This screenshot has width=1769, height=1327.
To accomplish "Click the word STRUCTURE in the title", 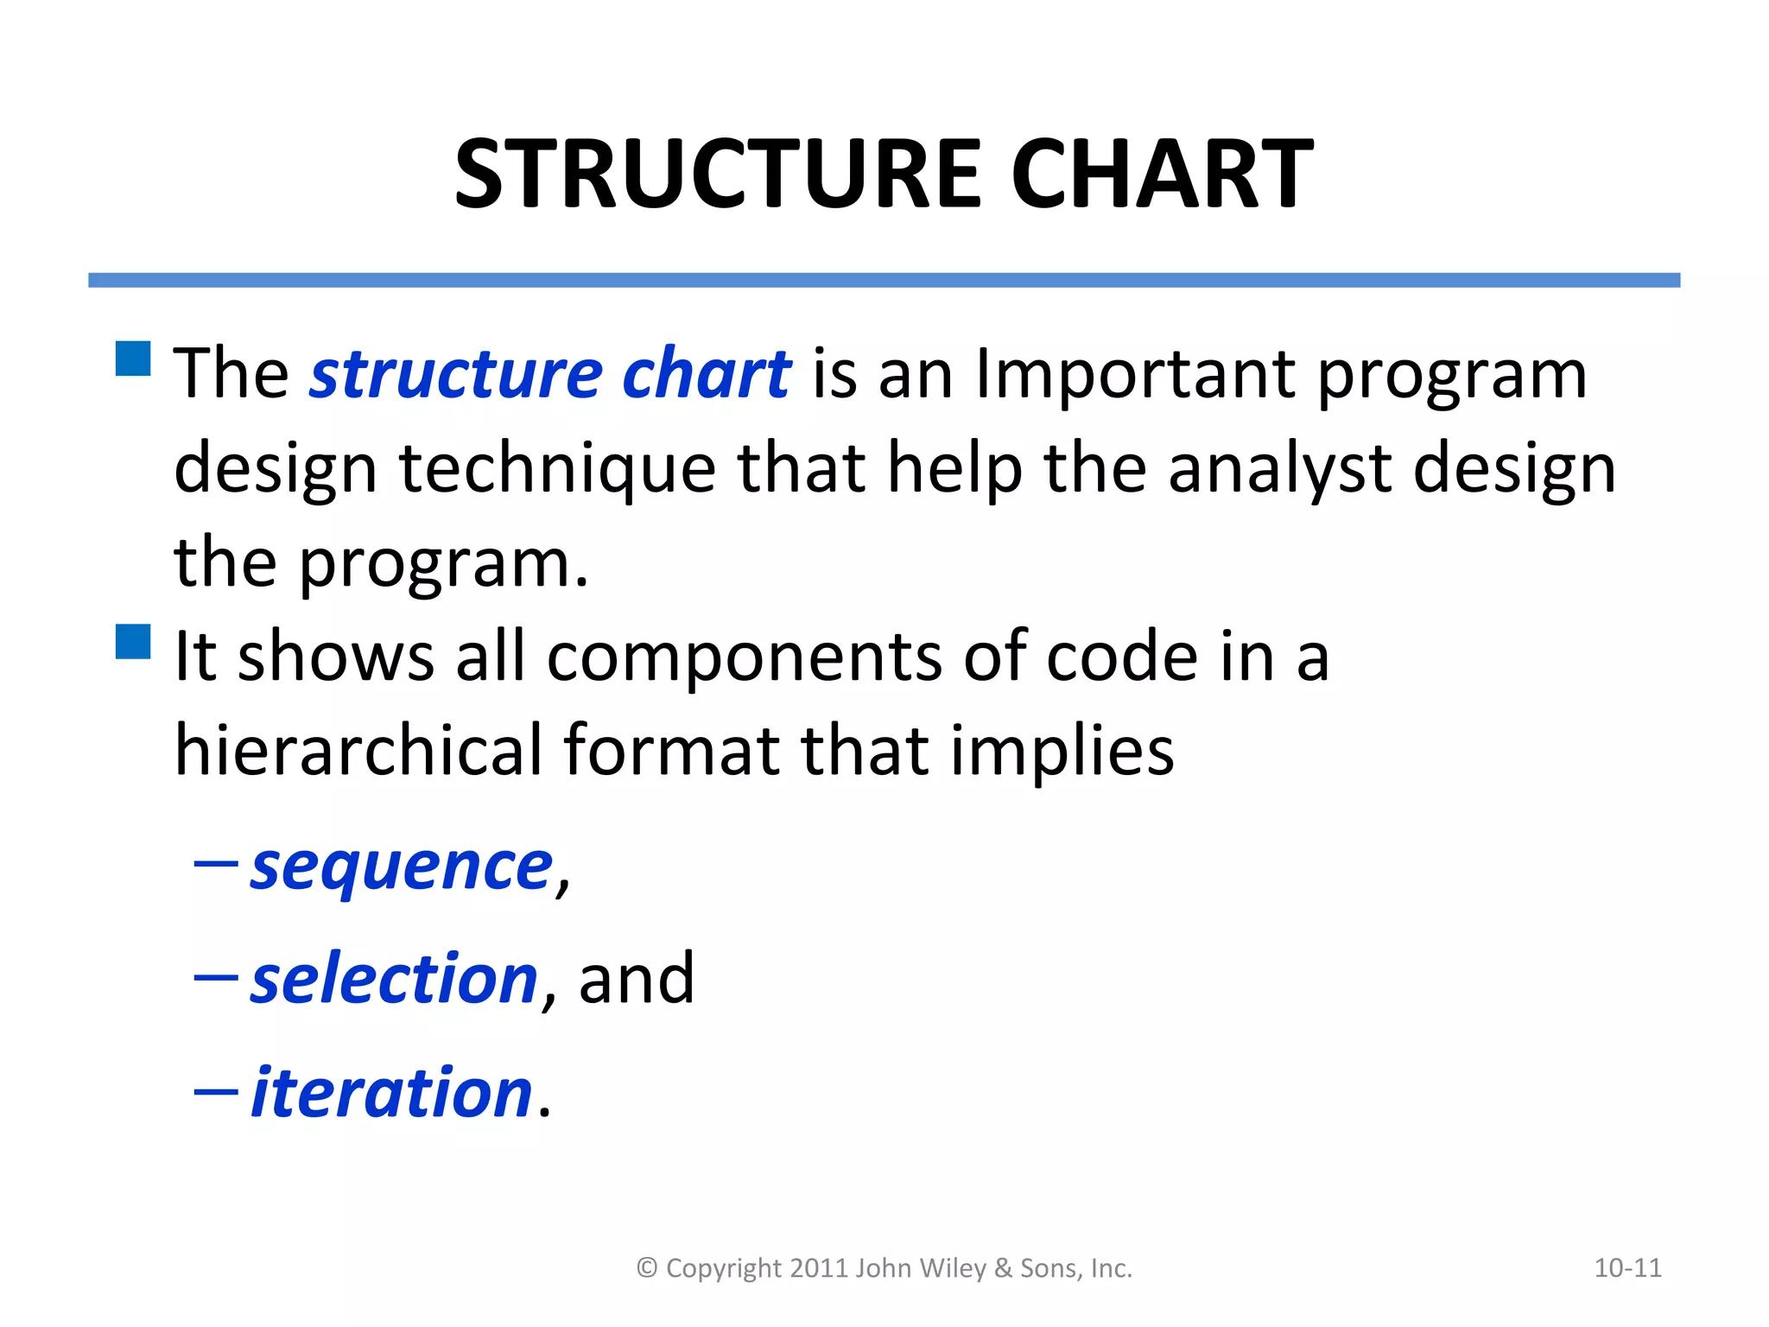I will [717, 175].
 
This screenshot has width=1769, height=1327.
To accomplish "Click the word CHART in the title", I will [1162, 175].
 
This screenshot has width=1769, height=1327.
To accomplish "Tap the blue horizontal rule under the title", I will [884, 280].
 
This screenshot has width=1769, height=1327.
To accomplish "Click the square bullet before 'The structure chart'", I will [133, 359].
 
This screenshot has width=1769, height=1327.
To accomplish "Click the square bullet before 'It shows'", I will [133, 642].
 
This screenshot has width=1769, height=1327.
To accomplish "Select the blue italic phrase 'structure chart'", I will [550, 375].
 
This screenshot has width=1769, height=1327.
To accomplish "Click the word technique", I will [557, 468].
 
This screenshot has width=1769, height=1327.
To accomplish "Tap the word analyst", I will [1280, 468].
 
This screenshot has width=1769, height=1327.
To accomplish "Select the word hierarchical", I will [358, 750].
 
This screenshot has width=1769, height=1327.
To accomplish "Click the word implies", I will [1062, 750].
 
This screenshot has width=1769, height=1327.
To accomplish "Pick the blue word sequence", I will [401, 867].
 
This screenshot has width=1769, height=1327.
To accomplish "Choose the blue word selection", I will [395, 979].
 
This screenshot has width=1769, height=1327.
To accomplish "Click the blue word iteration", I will [391, 1093].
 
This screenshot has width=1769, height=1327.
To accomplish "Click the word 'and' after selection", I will [636, 979].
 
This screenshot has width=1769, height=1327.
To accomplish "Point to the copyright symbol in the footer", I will [647, 1268].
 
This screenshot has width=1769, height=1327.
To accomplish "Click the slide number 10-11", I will [1627, 1268].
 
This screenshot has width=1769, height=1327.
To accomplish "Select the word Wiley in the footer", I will [953, 1268].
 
